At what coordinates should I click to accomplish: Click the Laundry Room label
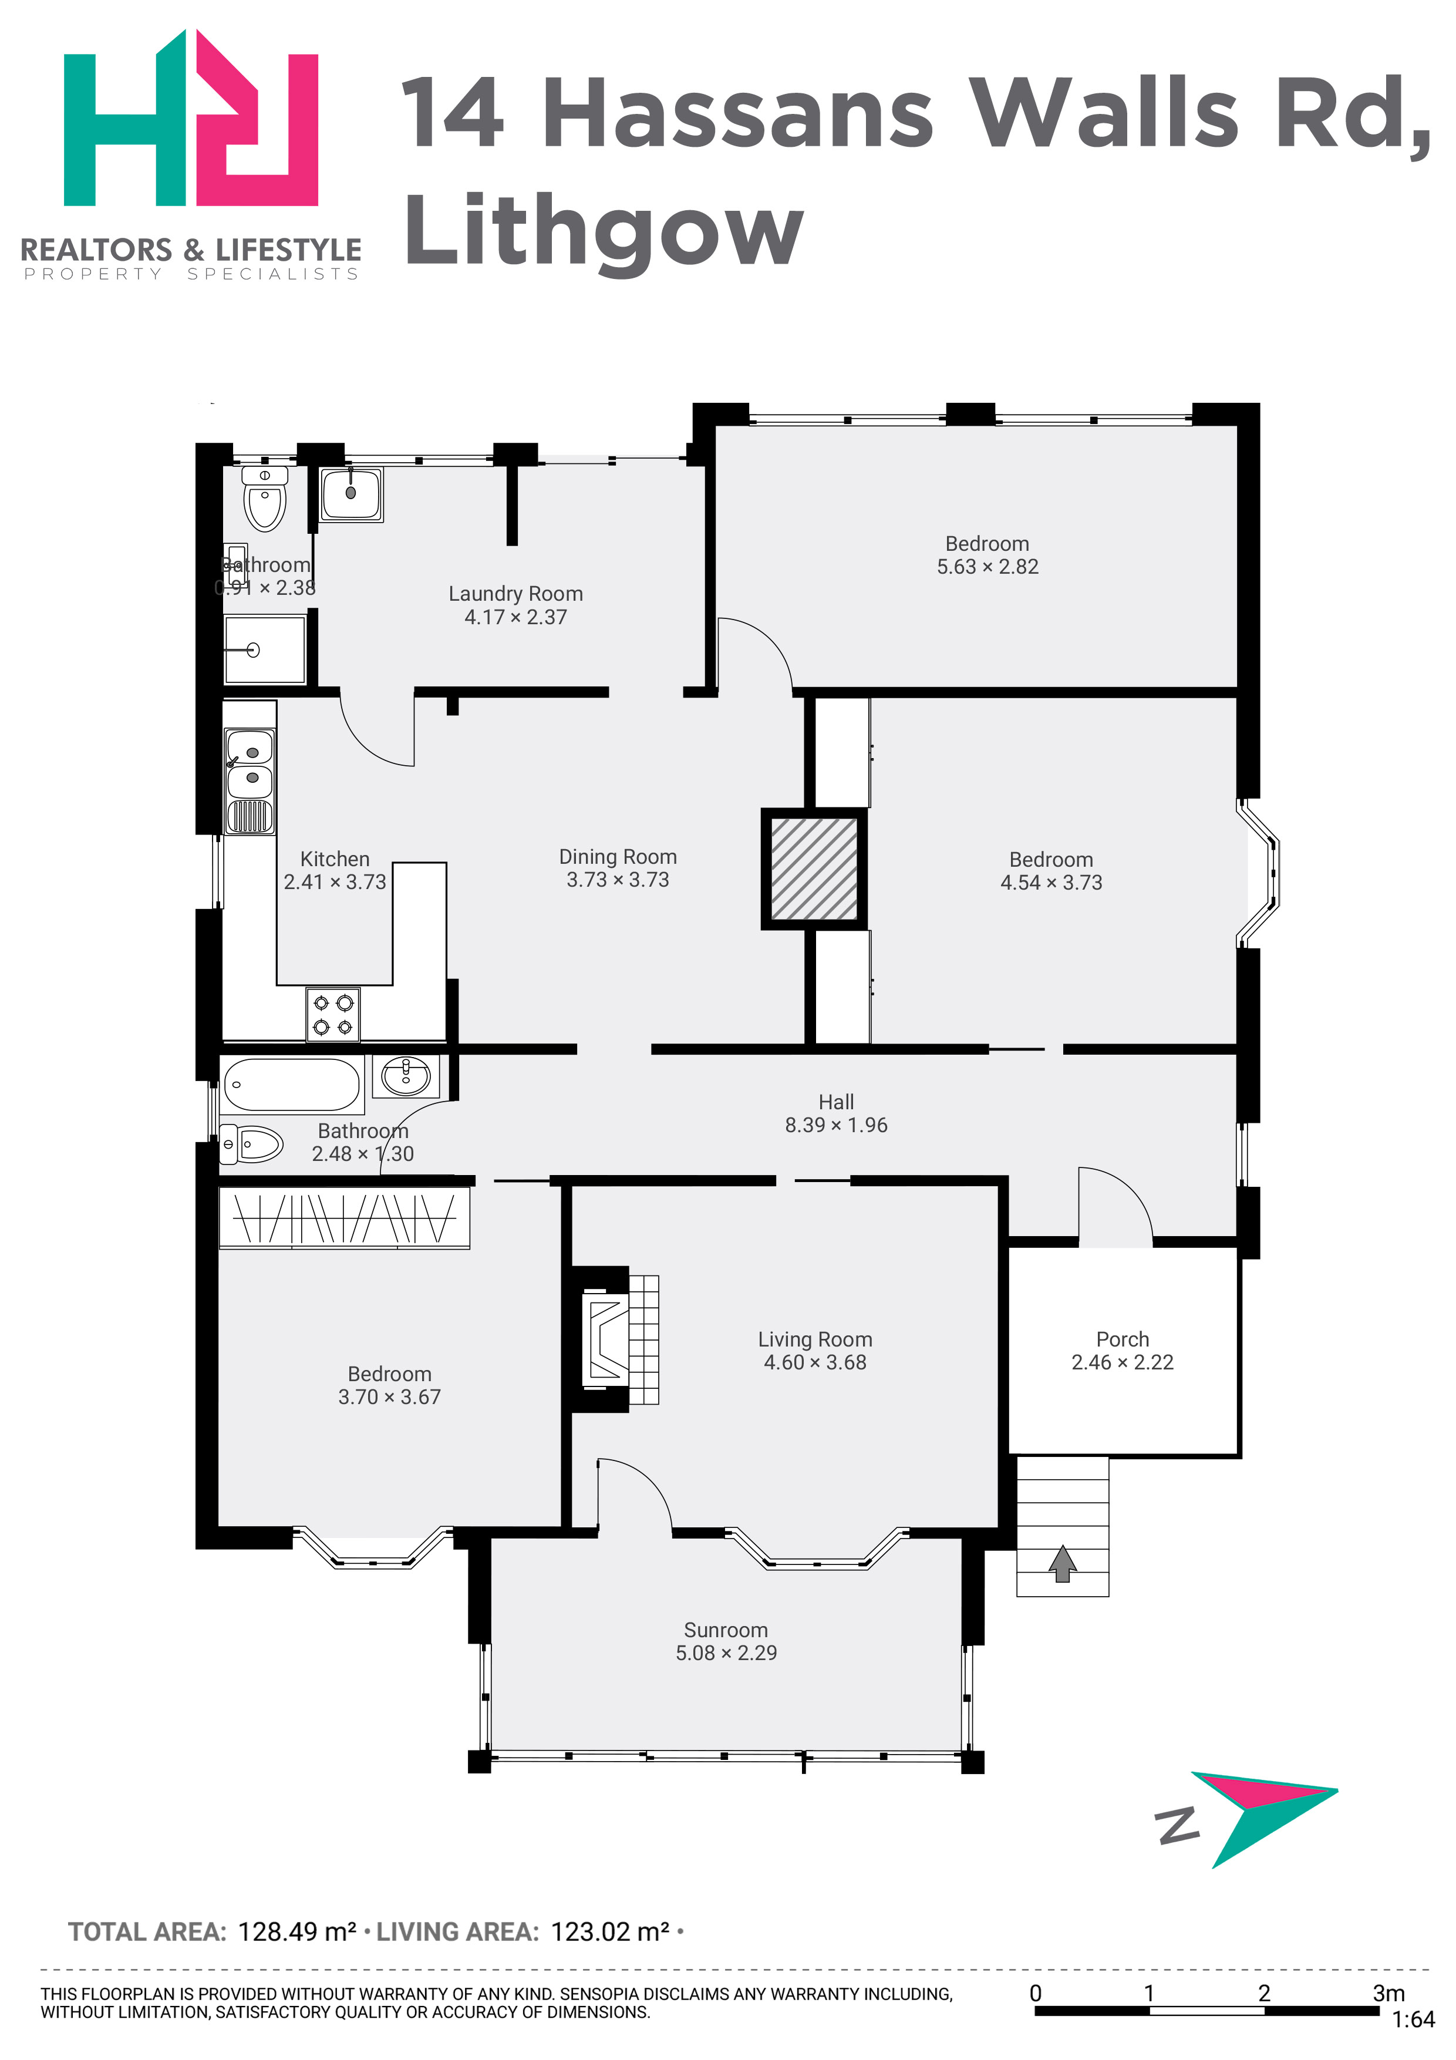[x=516, y=594]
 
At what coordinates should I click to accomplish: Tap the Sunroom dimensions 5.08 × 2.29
[x=727, y=1652]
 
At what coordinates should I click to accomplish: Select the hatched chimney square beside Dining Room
[x=814, y=869]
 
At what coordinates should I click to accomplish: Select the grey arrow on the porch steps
[x=1062, y=1564]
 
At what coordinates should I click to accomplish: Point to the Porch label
[x=1123, y=1339]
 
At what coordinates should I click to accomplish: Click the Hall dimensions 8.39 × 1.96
[x=836, y=1125]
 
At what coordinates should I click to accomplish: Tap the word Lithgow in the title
[x=604, y=231]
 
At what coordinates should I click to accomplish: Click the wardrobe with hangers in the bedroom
[x=345, y=1217]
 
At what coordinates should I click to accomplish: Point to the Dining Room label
[x=618, y=857]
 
